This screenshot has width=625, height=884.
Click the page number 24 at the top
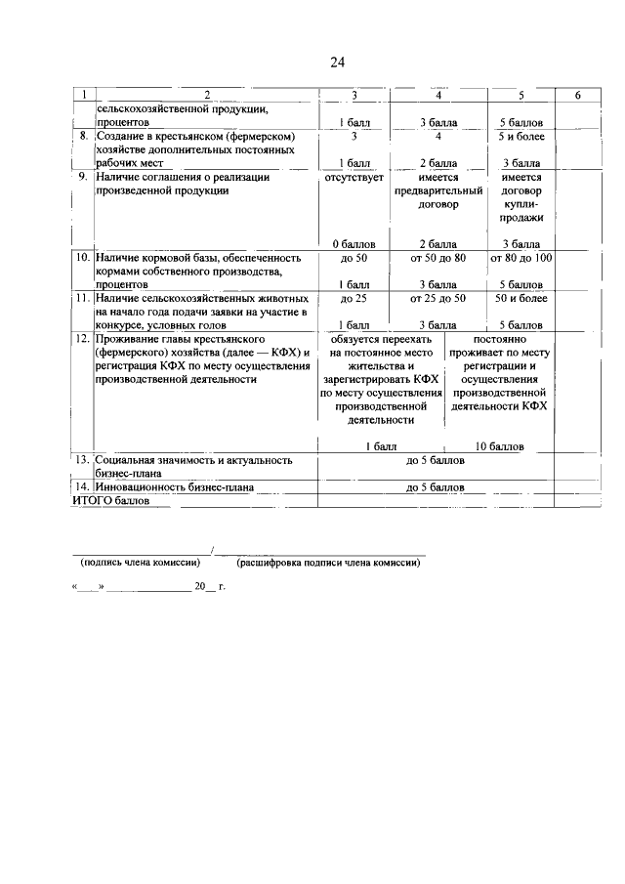coord(337,63)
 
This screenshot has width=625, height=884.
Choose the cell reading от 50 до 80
coord(438,258)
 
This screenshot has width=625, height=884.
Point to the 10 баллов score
coord(499,446)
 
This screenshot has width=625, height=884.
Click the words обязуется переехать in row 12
coord(380,338)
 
